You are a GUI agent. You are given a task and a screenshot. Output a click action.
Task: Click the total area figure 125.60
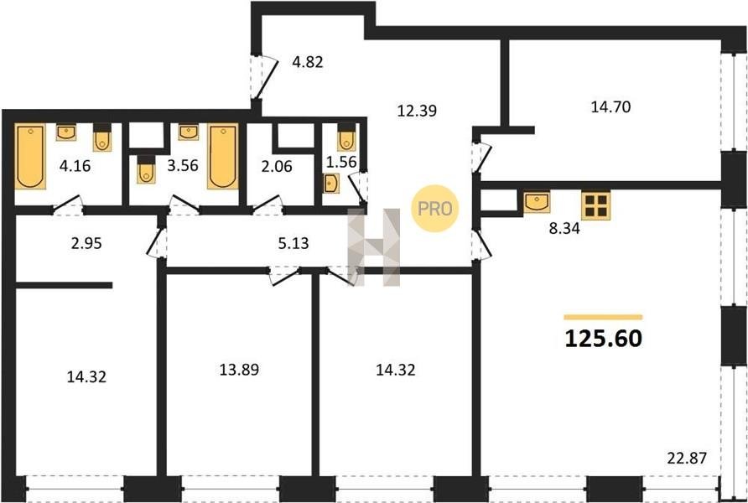pos(604,339)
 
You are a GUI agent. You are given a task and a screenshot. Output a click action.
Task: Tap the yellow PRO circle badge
pos(434,209)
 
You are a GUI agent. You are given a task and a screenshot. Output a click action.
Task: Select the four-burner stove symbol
pos(596,205)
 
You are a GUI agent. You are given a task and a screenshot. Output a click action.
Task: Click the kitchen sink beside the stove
pos(537,202)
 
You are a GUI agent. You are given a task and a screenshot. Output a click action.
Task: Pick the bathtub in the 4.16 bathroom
pos(30,157)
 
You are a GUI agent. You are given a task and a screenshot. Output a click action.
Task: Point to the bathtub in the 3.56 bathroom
pos(223,157)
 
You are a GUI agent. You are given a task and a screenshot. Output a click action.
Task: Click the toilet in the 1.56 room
pos(346,137)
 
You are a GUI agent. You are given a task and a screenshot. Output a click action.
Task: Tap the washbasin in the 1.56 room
pos(331,184)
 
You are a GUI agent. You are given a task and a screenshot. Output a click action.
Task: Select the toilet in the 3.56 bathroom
pos(146,169)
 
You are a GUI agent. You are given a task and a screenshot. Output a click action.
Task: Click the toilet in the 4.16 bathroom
pos(102,137)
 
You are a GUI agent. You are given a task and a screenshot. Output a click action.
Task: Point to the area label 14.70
pos(610,107)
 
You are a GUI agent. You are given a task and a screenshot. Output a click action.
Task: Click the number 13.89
pos(240,370)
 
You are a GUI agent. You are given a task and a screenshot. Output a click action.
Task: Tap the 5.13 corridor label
pos(293,244)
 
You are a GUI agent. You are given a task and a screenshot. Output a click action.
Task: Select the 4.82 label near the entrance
pos(308,62)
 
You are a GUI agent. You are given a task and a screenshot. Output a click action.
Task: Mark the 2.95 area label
pos(86,244)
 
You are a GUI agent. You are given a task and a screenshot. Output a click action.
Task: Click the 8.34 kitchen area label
pos(564,229)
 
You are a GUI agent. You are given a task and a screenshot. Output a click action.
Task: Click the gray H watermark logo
pos(374,247)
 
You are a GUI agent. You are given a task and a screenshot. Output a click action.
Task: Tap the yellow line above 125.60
pos(603,317)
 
